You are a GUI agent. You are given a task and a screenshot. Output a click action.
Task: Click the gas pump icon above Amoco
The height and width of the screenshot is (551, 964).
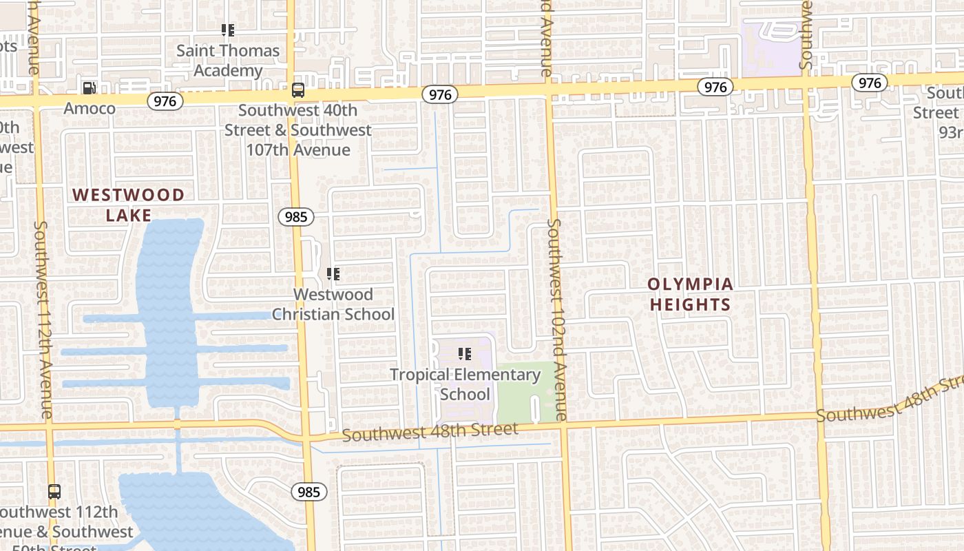pos(89,88)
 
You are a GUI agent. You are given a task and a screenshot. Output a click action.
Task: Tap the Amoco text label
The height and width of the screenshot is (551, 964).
pos(90,109)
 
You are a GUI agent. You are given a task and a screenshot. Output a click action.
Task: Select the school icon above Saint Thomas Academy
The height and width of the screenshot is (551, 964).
pos(228,30)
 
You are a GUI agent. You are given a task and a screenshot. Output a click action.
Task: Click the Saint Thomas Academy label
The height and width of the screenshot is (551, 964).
pos(228,61)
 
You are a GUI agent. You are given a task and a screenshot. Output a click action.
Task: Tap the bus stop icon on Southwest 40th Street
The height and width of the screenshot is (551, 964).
pos(298,90)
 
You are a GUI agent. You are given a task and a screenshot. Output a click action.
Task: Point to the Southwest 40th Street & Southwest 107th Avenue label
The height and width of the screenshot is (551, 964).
pos(297,130)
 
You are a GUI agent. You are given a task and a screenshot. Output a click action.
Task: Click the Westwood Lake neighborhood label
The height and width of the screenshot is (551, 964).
pos(129,205)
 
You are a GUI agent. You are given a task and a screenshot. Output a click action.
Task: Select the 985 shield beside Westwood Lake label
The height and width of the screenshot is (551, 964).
pos(296,217)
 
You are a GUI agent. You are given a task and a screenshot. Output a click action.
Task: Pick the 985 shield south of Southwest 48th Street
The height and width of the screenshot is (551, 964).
pos(309,492)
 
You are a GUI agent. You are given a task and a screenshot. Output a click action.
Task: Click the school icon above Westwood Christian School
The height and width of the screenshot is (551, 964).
pos(333,274)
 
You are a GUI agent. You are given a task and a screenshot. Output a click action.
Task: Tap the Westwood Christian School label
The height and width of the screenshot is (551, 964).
pos(333,304)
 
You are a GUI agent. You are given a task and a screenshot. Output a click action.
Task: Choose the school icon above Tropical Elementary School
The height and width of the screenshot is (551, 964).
pos(465,354)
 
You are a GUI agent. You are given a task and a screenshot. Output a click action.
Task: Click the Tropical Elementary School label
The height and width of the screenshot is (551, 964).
pos(465,384)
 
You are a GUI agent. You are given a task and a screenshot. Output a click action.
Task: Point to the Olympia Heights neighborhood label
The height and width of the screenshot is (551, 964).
pos(690,294)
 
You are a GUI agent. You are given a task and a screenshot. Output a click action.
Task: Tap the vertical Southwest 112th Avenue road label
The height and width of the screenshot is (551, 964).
pos(43,320)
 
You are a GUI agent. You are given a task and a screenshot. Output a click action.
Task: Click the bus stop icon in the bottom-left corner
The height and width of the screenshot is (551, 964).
pos(54,492)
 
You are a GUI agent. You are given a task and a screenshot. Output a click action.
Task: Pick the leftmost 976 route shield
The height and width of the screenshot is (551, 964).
pos(165,101)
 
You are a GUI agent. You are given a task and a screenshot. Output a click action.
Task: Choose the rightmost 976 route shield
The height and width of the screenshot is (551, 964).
pos(870,83)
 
